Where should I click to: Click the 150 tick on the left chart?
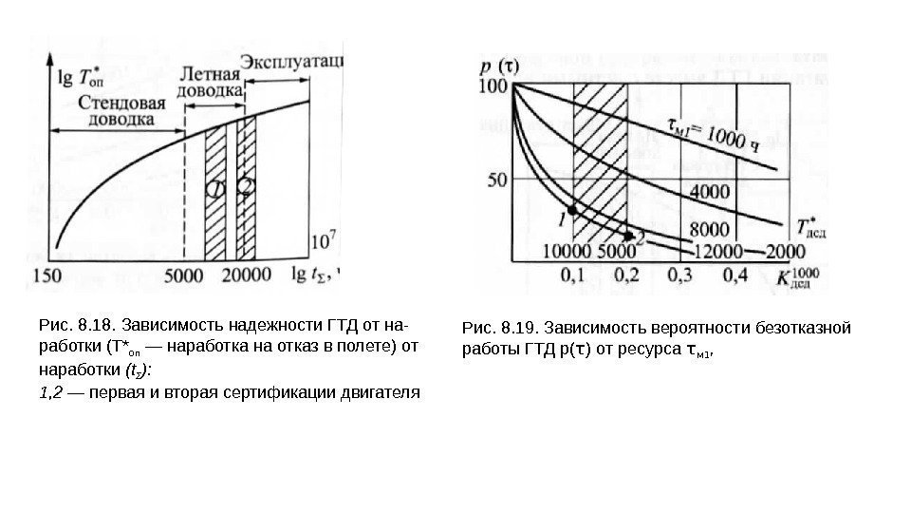pyautogui.click(x=46, y=275)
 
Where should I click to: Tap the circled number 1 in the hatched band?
pyautogui.click(x=217, y=189)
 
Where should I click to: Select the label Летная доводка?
pyautogui.click(x=210, y=82)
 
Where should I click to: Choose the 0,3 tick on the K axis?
pyautogui.click(x=679, y=275)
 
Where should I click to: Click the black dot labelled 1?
pyautogui.click(x=571, y=209)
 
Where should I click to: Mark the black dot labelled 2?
pyautogui.click(x=627, y=233)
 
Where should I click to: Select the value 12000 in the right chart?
pyautogui.click(x=718, y=251)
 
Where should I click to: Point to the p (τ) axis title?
pyautogui.click(x=500, y=66)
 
